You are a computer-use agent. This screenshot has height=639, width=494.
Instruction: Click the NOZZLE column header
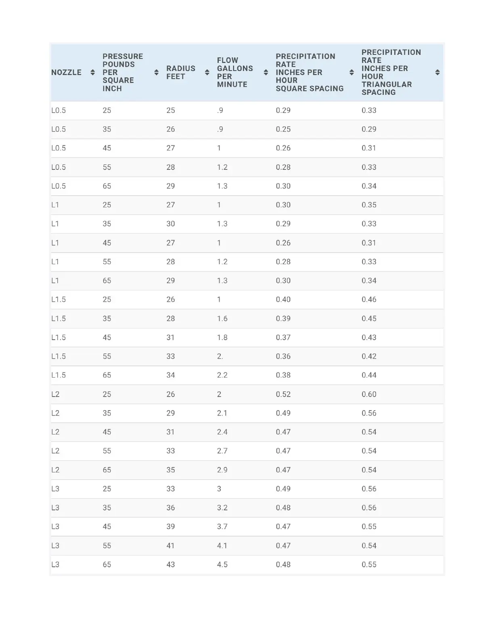click(67, 73)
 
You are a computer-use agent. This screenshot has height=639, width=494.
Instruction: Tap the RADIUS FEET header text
click(181, 73)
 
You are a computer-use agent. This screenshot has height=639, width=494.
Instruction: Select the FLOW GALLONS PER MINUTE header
click(235, 73)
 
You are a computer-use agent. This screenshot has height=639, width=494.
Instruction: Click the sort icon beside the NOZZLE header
click(93, 73)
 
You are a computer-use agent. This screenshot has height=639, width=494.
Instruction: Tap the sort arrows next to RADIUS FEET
click(207, 73)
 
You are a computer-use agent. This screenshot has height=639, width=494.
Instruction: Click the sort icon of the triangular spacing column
click(437, 73)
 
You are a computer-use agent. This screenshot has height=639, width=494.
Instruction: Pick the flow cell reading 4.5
click(222, 564)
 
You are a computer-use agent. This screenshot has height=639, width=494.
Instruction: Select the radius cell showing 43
click(171, 564)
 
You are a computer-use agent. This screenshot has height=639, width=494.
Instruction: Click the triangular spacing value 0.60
click(369, 394)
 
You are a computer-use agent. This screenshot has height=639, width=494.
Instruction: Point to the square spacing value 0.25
click(283, 129)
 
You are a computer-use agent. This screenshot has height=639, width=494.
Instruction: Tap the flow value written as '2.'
click(220, 356)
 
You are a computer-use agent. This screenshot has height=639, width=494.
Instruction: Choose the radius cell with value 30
click(171, 223)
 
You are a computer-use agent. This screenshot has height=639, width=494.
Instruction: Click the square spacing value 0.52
click(283, 394)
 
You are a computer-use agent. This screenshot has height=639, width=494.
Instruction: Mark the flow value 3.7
click(222, 526)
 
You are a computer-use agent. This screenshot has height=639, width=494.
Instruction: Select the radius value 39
click(171, 526)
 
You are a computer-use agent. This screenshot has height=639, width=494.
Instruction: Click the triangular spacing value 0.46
click(369, 299)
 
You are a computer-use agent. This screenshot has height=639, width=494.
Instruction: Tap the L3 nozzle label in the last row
click(55, 564)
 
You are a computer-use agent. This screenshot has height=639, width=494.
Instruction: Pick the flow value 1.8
click(222, 337)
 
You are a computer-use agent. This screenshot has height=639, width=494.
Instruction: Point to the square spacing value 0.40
click(283, 299)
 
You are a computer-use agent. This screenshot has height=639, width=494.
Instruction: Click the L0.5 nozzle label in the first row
click(59, 110)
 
